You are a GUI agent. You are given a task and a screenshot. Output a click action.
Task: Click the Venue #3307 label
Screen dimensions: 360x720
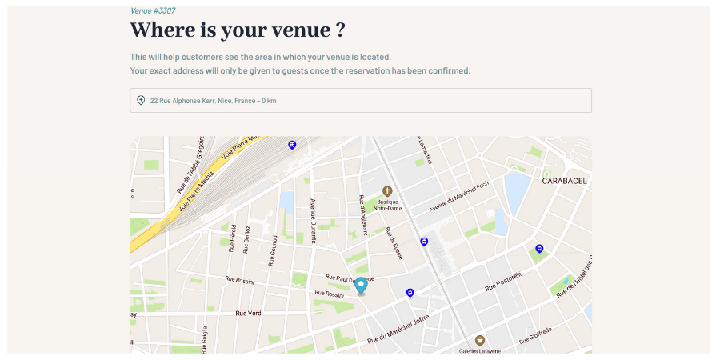click(153, 10)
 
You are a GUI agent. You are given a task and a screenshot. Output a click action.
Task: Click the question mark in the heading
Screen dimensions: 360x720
click(340, 30)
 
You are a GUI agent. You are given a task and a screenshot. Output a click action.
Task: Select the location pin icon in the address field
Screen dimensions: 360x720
click(141, 100)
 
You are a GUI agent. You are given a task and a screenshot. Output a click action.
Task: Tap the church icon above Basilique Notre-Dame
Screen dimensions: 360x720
click(387, 190)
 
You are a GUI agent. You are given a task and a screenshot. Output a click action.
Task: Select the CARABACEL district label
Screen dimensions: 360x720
click(564, 181)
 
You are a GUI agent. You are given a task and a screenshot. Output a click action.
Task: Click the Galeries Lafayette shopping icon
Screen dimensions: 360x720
click(480, 340)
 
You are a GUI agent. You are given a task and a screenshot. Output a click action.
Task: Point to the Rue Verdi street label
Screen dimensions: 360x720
click(249, 313)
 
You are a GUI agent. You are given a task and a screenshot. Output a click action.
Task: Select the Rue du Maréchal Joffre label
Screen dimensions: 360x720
click(398, 330)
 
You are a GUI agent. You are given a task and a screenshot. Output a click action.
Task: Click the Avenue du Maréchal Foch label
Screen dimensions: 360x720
click(458, 196)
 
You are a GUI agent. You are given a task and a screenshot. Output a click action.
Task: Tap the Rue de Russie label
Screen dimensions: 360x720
click(393, 242)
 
